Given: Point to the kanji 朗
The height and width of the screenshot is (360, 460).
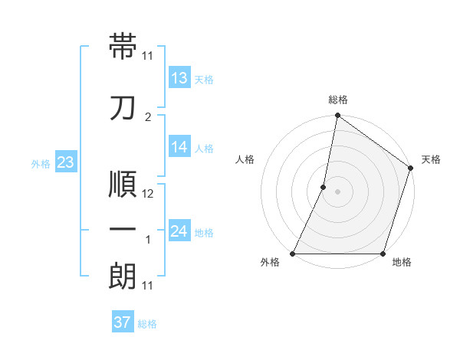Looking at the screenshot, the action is (x=123, y=276).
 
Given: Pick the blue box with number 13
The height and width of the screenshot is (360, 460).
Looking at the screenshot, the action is (x=179, y=78).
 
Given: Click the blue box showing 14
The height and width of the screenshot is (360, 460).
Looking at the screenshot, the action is (x=179, y=147).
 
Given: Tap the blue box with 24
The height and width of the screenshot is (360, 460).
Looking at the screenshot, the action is (x=179, y=231).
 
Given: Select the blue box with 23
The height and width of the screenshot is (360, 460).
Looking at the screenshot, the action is (x=65, y=162).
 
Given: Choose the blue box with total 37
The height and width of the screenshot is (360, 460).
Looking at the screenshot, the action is (x=122, y=322).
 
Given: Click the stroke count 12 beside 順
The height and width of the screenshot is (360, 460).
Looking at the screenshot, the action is (x=148, y=194).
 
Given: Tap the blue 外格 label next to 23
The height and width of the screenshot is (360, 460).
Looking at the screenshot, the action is (x=41, y=163).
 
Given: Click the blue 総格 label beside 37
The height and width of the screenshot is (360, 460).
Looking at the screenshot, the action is (x=147, y=324).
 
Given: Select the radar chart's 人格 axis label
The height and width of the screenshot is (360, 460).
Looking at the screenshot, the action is (x=245, y=159).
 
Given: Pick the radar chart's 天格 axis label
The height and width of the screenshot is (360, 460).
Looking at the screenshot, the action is (x=431, y=159).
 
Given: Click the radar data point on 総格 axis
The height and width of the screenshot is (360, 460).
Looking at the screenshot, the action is (x=337, y=116).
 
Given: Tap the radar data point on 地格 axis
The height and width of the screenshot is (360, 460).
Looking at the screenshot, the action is (x=383, y=254).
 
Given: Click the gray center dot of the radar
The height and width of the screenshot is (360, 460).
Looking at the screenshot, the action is (x=337, y=191).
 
